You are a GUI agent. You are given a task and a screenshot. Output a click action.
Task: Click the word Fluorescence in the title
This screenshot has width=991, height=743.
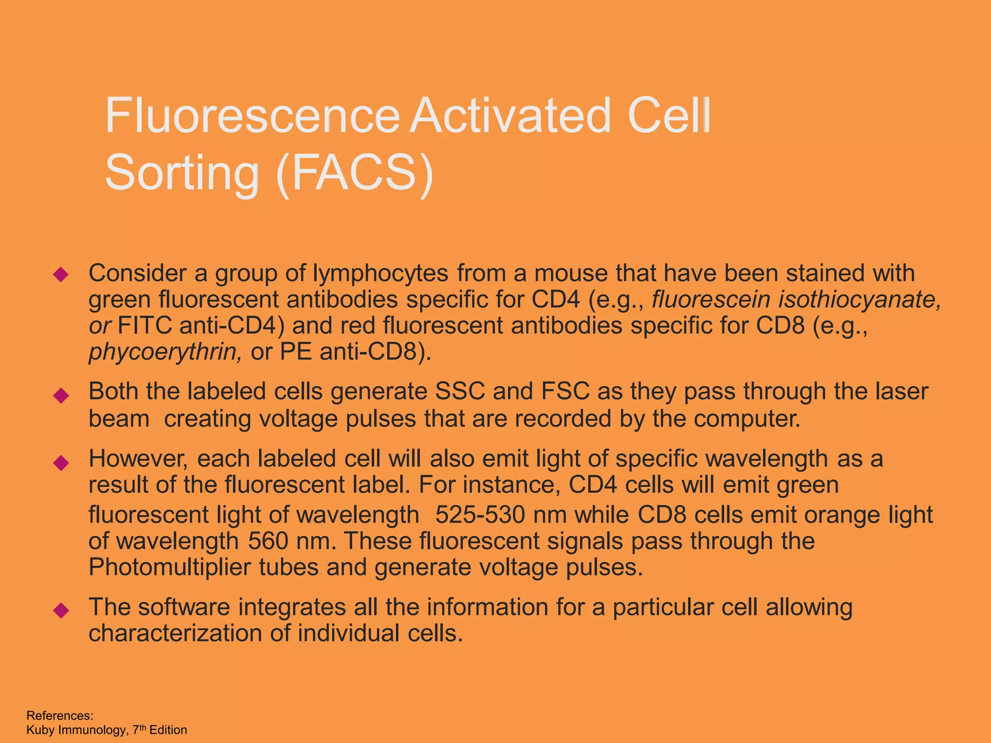tap(252, 116)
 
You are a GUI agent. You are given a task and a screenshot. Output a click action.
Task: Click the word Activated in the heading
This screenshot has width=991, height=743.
tap(511, 116)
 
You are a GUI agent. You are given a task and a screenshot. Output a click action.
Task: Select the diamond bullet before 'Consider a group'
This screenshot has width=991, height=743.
tap(61, 275)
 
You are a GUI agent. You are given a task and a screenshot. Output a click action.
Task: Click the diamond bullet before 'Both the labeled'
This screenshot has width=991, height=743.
tap(61, 395)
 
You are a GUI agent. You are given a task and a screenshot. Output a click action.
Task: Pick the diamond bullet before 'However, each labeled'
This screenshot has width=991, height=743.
tap(61, 463)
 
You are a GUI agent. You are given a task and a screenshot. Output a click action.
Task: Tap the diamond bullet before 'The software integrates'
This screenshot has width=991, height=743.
tap(61, 610)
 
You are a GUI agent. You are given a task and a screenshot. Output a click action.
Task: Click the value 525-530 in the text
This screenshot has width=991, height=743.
tap(480, 515)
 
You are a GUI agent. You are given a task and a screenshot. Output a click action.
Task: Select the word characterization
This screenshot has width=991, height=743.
tap(175, 633)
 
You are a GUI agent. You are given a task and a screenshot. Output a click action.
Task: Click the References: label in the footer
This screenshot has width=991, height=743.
tap(60, 715)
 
